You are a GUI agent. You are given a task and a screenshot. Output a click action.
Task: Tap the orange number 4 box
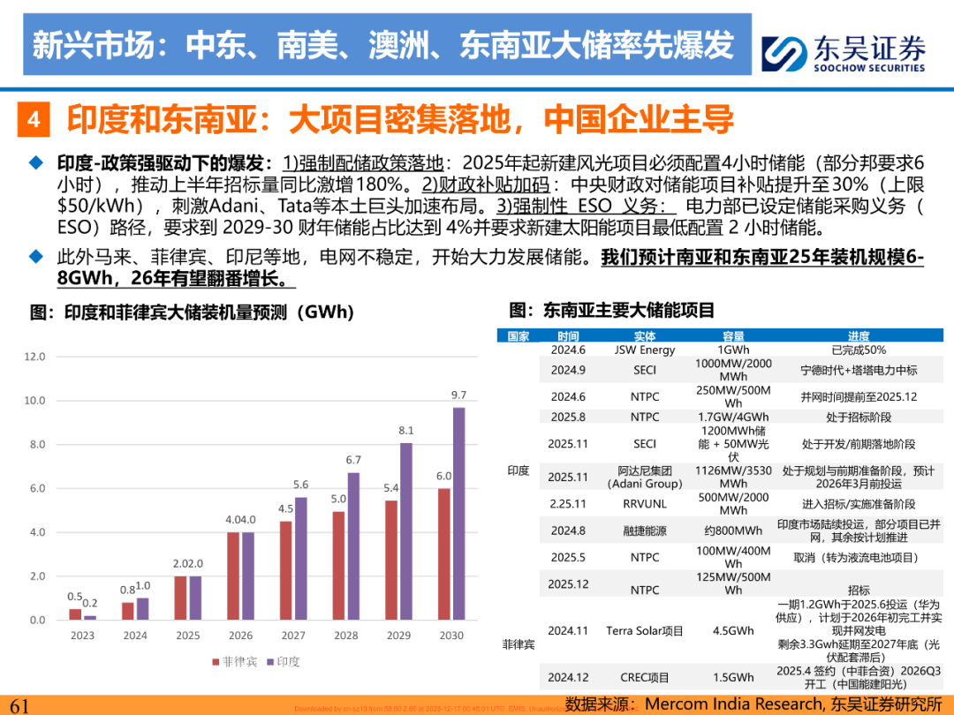coord(33,119)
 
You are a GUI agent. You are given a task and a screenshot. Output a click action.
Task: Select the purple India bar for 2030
coord(458,513)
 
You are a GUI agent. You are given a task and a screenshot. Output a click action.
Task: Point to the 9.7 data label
coord(458,395)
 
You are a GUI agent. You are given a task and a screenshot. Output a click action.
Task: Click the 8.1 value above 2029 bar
coord(405,430)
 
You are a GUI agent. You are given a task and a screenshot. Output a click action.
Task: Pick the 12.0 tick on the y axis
coord(34,357)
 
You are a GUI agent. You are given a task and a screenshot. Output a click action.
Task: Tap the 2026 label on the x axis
coord(239,636)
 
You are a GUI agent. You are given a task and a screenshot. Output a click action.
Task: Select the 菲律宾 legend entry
coord(230,661)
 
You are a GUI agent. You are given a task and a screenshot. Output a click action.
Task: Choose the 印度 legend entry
coord(282,661)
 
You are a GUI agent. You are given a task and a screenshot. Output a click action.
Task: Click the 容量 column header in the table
coord(733,336)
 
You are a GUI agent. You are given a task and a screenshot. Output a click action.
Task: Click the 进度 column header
coord(858,336)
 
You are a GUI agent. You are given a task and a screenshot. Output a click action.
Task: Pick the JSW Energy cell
coord(645,350)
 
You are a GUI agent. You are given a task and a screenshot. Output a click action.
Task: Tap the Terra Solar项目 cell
coord(645,631)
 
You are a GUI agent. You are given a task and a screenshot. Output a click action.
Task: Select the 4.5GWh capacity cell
coord(733,631)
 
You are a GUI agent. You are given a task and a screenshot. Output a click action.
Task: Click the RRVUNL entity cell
coord(645,503)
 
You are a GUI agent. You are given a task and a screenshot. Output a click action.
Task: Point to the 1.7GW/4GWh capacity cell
coord(733,417)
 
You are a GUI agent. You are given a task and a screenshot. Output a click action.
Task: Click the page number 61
coord(19,705)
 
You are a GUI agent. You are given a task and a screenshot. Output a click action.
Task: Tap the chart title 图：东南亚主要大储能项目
coord(612,310)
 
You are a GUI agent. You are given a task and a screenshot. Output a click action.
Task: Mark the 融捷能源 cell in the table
coord(645,531)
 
